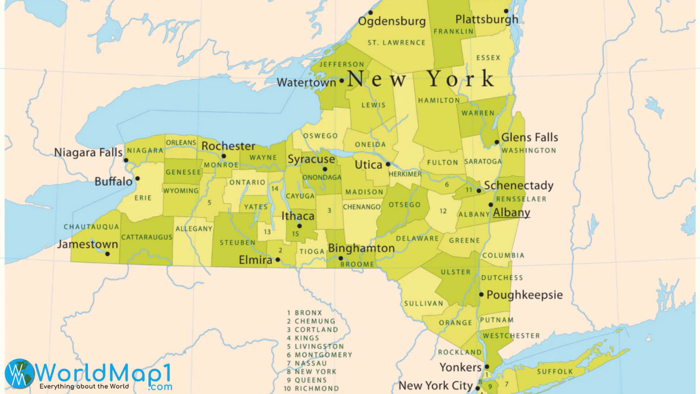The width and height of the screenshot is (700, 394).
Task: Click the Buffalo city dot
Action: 137,179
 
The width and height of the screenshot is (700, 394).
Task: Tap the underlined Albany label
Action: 511,213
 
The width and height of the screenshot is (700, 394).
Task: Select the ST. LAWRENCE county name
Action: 396,43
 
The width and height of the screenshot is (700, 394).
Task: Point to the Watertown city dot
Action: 342,81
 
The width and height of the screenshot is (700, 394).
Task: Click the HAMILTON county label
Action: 439,100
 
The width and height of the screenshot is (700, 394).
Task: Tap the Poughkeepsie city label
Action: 524,295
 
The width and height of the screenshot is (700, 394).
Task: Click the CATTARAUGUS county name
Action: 147,237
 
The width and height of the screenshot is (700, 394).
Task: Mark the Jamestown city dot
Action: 107,254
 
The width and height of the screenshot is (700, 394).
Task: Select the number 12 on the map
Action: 443,211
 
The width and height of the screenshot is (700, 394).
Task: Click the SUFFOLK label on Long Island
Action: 555,372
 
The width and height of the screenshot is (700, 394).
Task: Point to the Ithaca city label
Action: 297,216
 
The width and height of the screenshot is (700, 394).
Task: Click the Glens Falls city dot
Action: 497,142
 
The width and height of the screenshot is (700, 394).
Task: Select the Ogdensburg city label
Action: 392,21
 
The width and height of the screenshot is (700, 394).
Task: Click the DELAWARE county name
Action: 417,239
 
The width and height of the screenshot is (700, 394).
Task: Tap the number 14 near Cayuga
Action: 275,189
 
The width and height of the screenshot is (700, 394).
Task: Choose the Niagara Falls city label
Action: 88,152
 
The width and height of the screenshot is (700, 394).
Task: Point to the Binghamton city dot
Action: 341,258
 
